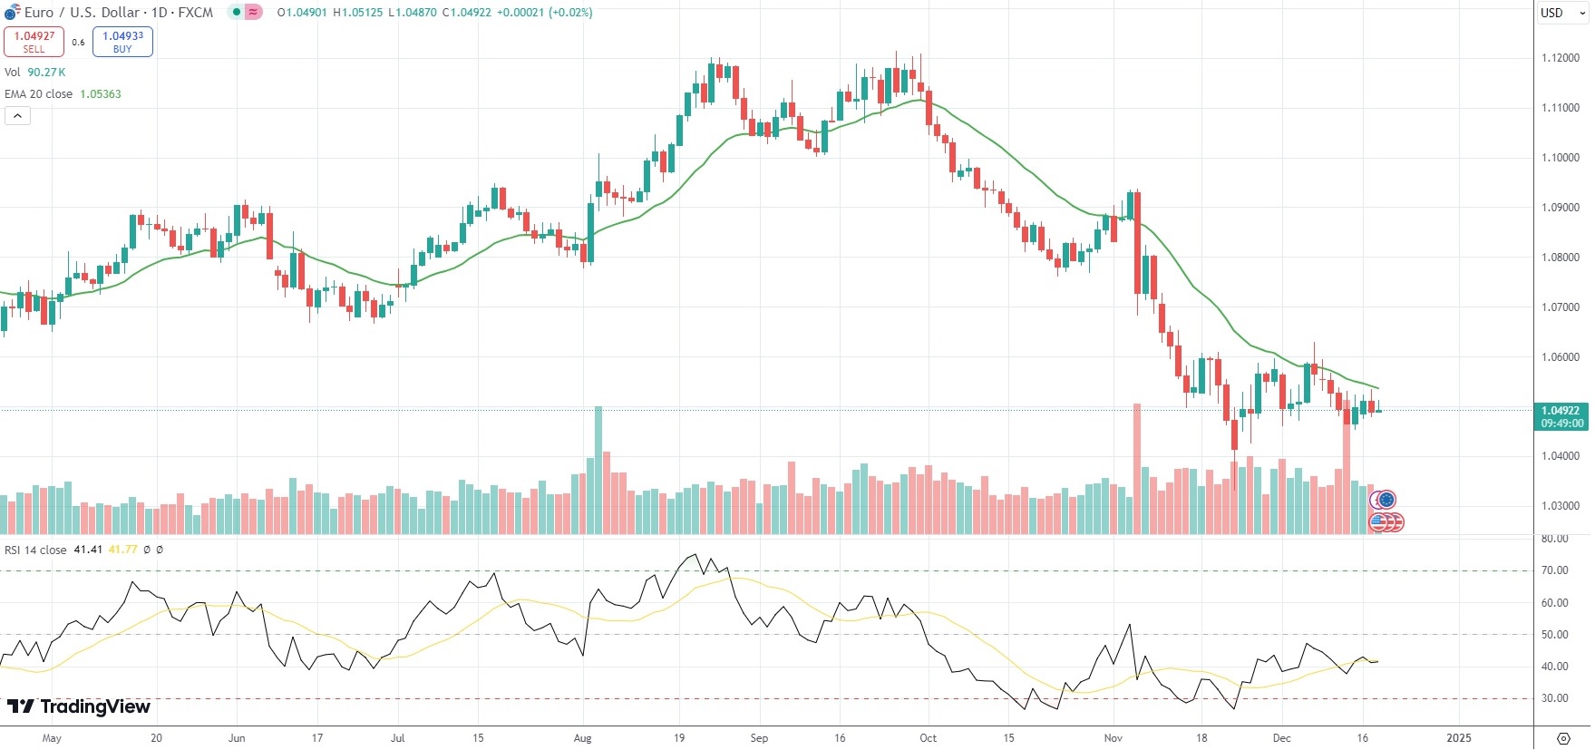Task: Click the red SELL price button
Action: tap(34, 42)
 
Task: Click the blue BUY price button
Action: tap(122, 42)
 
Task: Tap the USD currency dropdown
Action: tap(1561, 13)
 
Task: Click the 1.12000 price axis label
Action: tap(1561, 58)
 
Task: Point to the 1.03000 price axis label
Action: tap(1561, 506)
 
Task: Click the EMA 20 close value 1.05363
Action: tap(101, 94)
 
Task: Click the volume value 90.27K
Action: tap(46, 73)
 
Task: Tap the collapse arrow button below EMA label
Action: tap(17, 115)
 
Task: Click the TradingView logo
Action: tap(79, 706)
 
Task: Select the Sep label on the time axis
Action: tap(759, 738)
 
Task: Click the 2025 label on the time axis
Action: tap(1459, 738)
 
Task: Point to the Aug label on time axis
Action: tap(582, 738)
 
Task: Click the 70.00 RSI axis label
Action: tap(1555, 570)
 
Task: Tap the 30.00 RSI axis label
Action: tap(1555, 698)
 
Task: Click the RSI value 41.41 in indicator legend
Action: tap(88, 550)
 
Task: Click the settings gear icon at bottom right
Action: tap(1563, 738)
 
